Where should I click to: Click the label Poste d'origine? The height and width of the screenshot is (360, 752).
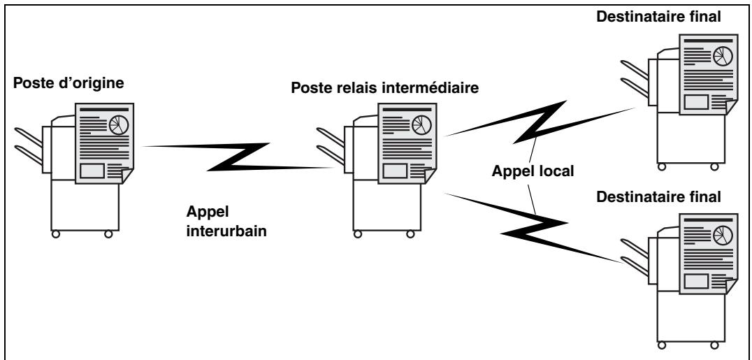pyautogui.click(x=68, y=83)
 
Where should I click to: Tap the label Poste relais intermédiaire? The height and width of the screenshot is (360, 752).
pyautogui.click(x=385, y=88)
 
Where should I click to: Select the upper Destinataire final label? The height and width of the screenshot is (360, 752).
pyautogui.click(x=658, y=17)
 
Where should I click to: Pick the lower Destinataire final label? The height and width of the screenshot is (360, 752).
pyautogui.click(x=658, y=197)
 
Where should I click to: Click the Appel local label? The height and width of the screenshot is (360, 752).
pyautogui.click(x=533, y=171)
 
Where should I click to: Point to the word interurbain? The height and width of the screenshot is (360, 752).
pyautogui.click(x=226, y=231)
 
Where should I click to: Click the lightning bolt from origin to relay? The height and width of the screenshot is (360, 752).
pyautogui.click(x=238, y=157)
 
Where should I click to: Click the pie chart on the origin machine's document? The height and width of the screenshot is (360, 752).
pyautogui.click(x=118, y=125)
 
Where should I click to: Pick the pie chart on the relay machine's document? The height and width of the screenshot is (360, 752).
pyautogui.click(x=421, y=125)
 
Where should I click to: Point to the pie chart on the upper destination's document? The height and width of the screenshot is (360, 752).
pyautogui.click(x=723, y=56)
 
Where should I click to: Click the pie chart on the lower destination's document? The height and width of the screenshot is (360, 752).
pyautogui.click(x=723, y=235)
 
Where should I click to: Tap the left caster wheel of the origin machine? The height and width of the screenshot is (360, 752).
pyautogui.click(x=56, y=234)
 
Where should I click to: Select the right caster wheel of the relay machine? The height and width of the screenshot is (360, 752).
pyautogui.click(x=410, y=234)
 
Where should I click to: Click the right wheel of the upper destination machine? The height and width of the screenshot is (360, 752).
pyautogui.click(x=714, y=166)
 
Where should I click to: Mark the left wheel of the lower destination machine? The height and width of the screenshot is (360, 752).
pyautogui.click(x=662, y=345)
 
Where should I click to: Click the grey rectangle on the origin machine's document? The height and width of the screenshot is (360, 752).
pyautogui.click(x=92, y=171)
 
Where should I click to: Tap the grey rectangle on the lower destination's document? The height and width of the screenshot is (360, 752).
pyautogui.click(x=696, y=281)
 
